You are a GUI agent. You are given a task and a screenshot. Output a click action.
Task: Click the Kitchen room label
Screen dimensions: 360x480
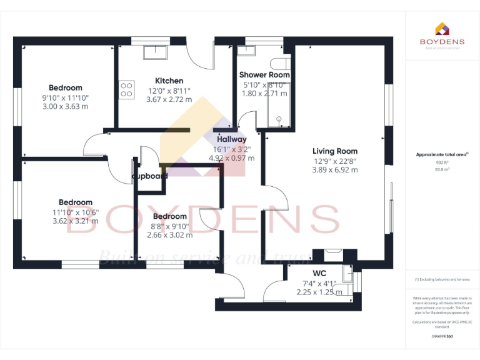tap(169, 81)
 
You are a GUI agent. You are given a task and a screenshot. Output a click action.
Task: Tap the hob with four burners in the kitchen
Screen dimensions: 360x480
tap(126, 89)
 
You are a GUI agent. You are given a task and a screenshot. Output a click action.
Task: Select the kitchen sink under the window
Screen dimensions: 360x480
tap(152, 51)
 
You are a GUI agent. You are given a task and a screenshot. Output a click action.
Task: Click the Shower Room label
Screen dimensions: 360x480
tap(264, 75)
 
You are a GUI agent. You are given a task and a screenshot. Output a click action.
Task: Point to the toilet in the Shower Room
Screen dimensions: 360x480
tap(280, 63)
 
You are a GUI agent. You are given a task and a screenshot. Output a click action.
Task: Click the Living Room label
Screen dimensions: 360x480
tap(335, 151)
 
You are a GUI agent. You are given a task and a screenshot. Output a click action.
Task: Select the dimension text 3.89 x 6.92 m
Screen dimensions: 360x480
tap(335, 169)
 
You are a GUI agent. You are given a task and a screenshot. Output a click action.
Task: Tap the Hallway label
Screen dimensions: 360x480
tap(231, 139)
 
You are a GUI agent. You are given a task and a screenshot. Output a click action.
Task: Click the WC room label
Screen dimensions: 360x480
tap(320, 273)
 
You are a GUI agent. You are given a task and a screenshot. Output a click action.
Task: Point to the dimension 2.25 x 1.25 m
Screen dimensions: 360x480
tap(319, 292)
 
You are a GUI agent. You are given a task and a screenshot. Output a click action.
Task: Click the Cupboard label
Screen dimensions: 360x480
tap(150, 176)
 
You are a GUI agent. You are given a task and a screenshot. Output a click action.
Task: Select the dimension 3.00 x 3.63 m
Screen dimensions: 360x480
tap(65, 106)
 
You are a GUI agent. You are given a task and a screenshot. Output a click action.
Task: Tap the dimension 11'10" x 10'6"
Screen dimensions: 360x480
tap(75, 211)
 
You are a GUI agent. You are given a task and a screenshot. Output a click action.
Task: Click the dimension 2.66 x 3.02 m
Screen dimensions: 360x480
tap(169, 235)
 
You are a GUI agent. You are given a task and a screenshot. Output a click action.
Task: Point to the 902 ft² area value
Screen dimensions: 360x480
tap(441, 162)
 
